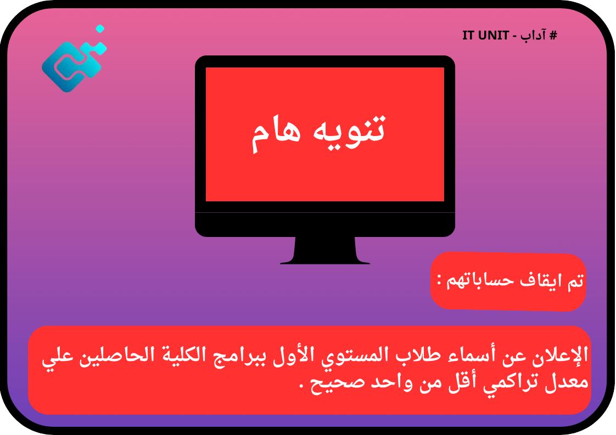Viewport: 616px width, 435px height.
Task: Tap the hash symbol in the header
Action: tap(553, 36)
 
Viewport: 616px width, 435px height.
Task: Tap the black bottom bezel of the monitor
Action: tap(325, 224)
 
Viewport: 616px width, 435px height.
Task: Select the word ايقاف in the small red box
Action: tap(535, 281)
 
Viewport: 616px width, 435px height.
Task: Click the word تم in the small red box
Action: tap(574, 281)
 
